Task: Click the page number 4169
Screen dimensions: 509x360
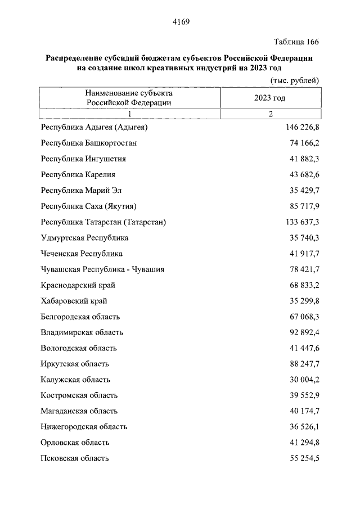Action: pyautogui.click(x=180, y=22)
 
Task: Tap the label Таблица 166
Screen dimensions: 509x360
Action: pyautogui.click(x=296, y=42)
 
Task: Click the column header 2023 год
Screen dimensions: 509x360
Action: pyautogui.click(x=270, y=98)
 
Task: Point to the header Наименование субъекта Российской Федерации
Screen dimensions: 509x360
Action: pyautogui.click(x=129, y=97)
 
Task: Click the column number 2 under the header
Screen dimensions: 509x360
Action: pyautogui.click(x=270, y=114)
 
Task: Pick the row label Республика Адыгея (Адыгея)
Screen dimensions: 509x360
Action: pyautogui.click(x=94, y=128)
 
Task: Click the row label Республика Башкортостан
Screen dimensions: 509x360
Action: pyautogui.click(x=89, y=143)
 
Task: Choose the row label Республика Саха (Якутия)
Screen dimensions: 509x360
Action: pyautogui.click(x=89, y=206)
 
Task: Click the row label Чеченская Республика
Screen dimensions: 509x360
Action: pyautogui.click(x=82, y=254)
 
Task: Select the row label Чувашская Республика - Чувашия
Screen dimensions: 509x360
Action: pyautogui.click(x=102, y=269)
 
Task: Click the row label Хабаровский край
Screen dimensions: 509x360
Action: pyautogui.click(x=74, y=301)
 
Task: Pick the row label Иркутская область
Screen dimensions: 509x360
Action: pyautogui.click(x=75, y=364)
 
